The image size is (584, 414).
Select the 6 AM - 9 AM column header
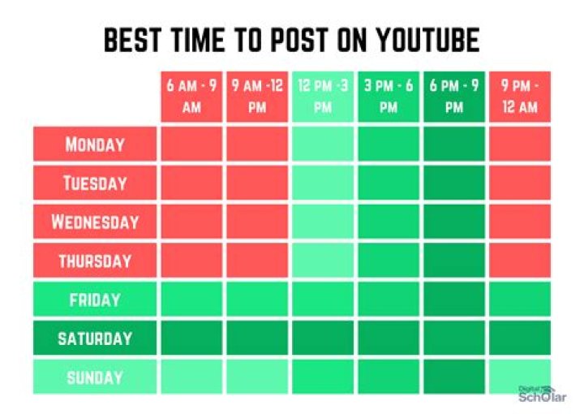point(191,97)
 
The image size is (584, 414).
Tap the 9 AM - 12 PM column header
point(257,97)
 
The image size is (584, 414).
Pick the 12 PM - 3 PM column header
point(323,97)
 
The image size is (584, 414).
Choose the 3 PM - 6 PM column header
point(389,97)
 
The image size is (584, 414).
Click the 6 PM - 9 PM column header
point(453,97)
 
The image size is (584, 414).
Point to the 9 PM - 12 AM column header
point(519,97)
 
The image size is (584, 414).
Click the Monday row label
point(95,144)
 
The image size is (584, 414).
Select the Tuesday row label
point(95,183)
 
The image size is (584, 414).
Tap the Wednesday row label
point(95,222)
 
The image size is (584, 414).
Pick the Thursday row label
point(95,261)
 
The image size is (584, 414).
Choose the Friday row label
point(95,300)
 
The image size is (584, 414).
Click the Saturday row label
point(95,338)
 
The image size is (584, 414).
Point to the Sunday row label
point(95,377)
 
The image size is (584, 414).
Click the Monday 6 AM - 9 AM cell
point(191,144)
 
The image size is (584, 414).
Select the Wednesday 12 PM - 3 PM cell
point(323,222)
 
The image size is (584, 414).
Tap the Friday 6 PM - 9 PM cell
point(453,300)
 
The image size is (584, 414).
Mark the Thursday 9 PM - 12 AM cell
point(519,261)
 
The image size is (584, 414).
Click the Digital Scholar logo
point(540,394)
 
